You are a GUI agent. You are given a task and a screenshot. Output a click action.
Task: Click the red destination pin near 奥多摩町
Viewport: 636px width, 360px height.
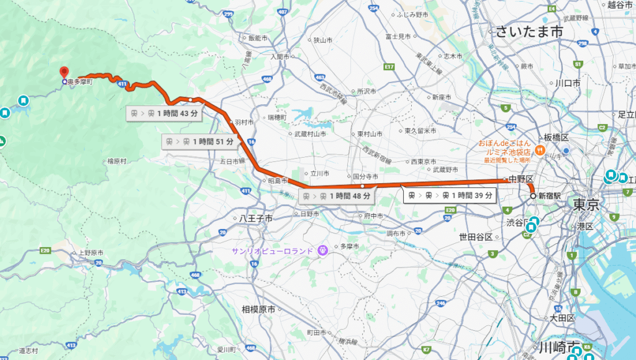(x=63, y=72)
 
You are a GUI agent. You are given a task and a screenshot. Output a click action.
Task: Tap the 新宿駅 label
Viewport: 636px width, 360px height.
(x=549, y=196)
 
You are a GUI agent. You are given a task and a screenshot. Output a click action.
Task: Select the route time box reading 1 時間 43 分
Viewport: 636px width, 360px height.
(x=163, y=113)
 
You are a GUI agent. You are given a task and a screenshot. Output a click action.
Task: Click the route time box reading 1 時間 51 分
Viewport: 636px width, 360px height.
(x=199, y=142)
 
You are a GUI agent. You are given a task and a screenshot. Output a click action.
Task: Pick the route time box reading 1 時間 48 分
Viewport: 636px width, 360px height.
(x=337, y=196)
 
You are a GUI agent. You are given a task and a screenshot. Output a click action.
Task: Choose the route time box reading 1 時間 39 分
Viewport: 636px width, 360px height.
(x=450, y=196)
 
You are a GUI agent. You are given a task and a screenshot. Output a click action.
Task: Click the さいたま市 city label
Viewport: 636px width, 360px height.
(x=529, y=32)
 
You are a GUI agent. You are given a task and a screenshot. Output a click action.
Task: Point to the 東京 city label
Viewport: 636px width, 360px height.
(x=586, y=204)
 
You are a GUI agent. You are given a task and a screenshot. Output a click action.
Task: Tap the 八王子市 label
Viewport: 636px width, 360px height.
(x=257, y=218)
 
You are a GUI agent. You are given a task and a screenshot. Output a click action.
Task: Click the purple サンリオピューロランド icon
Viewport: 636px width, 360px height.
(x=322, y=251)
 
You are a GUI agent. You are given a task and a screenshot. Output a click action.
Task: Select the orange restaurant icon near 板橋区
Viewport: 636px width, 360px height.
(x=540, y=150)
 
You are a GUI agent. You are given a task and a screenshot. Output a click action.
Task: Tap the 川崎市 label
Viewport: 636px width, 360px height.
(x=559, y=346)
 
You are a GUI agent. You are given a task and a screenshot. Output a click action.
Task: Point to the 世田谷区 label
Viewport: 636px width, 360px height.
(x=476, y=237)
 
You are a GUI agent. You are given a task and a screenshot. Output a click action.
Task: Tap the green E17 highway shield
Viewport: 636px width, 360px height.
(x=389, y=66)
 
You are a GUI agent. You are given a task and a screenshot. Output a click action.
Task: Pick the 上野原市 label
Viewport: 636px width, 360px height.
(x=90, y=253)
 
